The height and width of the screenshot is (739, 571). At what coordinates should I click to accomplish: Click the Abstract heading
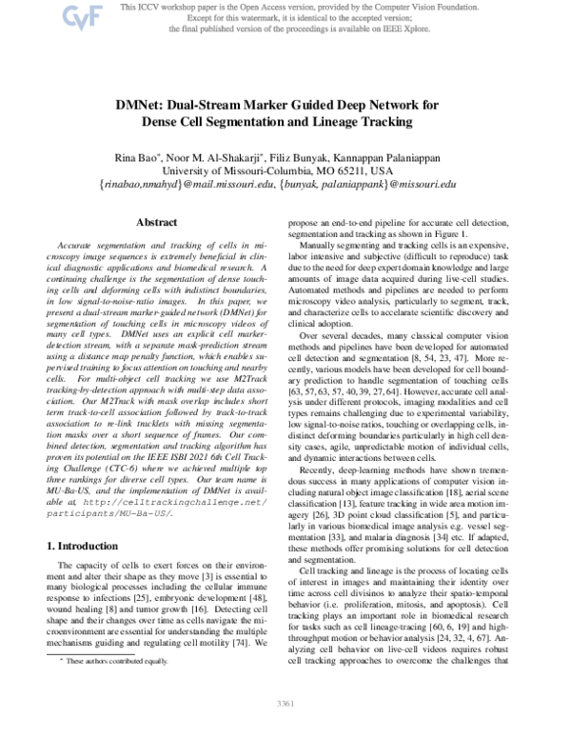coord(157,222)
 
